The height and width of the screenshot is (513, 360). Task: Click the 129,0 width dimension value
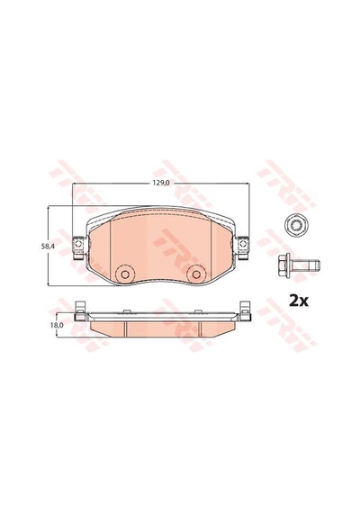pos(160,184)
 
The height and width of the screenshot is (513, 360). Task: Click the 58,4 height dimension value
pos(47,247)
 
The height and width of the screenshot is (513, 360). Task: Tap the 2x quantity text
pos(298,301)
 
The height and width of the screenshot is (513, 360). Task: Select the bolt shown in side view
pos(299,265)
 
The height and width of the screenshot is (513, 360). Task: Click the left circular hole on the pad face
pos(125,274)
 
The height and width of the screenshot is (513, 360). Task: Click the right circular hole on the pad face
pos(196,274)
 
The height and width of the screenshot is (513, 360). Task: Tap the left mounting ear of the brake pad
pos(78,247)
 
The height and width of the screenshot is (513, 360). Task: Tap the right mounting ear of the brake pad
pos(243,247)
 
